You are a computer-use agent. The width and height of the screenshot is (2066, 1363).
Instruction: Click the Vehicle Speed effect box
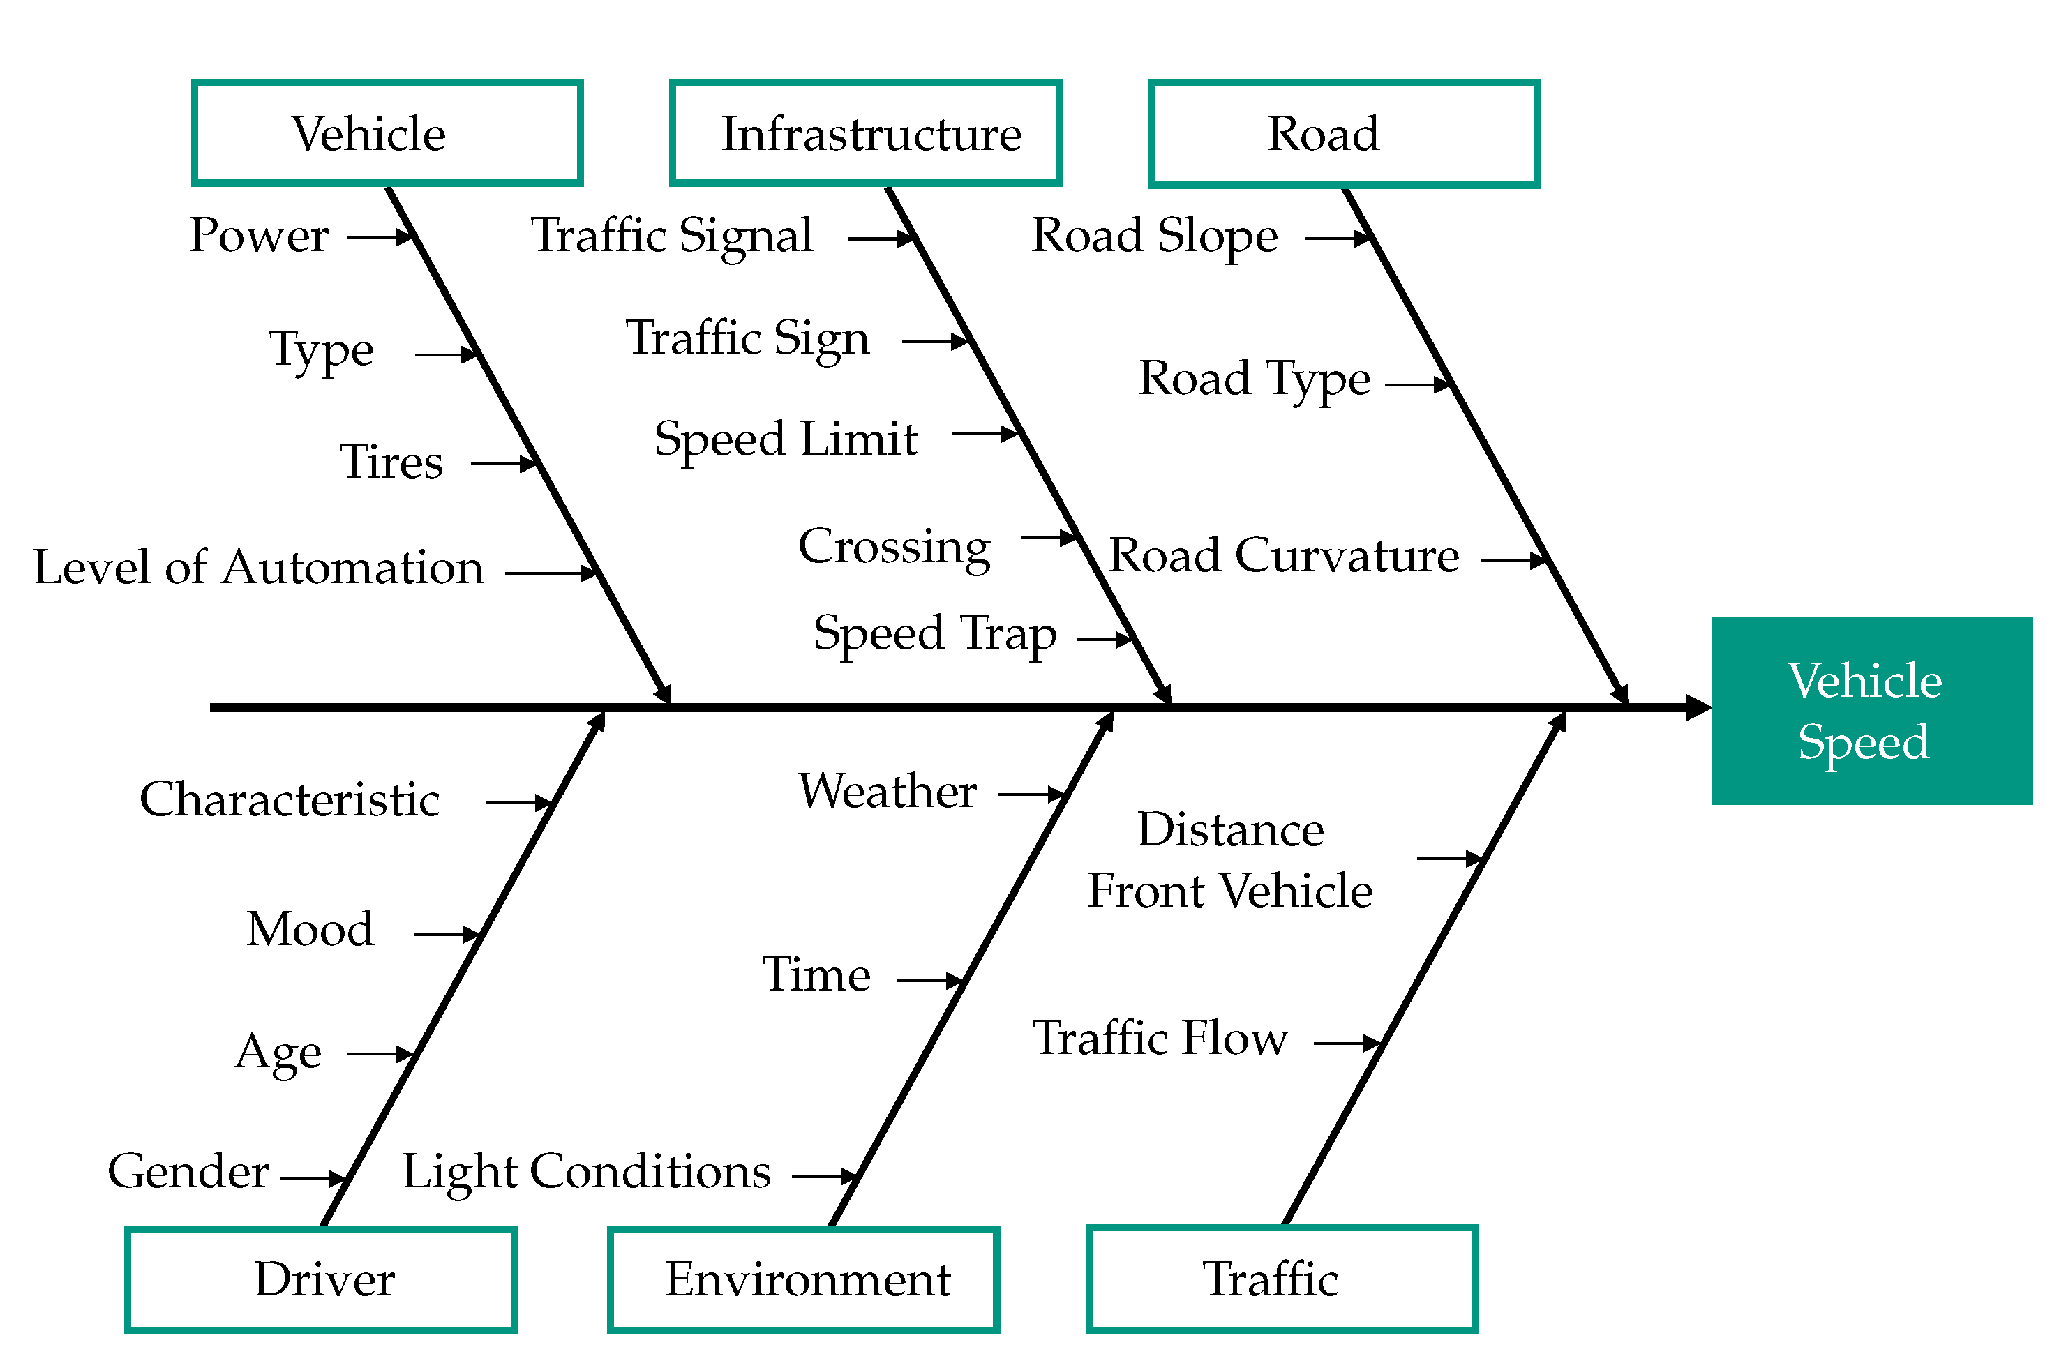[1871, 710]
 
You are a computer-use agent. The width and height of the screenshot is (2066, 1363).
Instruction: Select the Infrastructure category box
[865, 133]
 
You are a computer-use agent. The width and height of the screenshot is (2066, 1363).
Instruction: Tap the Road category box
[1342, 133]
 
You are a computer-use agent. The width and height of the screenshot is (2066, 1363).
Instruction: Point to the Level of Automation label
[258, 568]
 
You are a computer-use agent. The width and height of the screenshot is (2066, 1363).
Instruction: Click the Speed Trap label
[935, 633]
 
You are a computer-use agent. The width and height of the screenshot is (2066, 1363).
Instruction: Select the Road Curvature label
[1283, 555]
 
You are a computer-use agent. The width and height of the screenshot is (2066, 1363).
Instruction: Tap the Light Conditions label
[586, 1172]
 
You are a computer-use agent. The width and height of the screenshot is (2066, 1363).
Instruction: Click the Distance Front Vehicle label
[1229, 859]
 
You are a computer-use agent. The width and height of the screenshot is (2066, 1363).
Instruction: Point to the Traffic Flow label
[1160, 1038]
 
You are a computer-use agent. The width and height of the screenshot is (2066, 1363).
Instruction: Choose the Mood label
[310, 929]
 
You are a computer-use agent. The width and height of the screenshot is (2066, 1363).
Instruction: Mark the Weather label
[887, 791]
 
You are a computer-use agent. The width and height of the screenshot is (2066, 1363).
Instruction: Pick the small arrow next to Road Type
[1417, 384]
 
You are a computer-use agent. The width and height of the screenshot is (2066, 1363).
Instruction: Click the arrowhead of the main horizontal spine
[1698, 707]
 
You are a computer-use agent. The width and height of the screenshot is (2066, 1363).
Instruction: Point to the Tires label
[391, 462]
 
